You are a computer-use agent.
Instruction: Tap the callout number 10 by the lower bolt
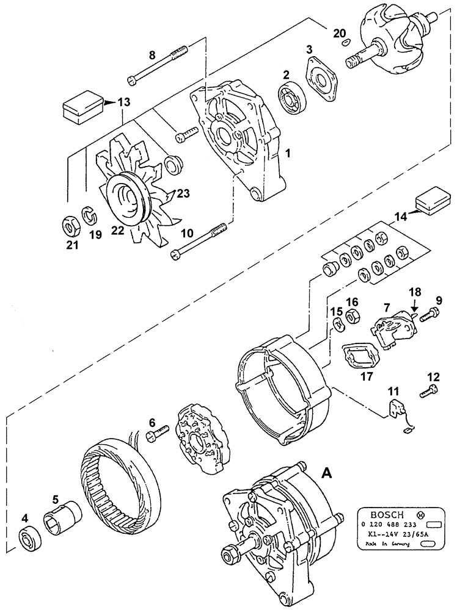[x=187, y=232]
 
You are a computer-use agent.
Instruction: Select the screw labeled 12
[x=430, y=390]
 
